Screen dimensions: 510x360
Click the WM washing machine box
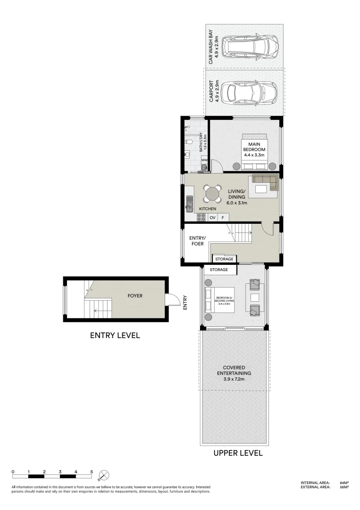point(204,161)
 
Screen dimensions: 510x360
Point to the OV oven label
point(212,218)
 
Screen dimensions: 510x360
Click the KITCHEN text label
point(208,209)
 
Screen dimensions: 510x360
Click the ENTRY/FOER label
point(198,241)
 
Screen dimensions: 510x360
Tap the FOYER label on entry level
point(135,296)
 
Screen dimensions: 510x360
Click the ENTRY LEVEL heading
point(115,336)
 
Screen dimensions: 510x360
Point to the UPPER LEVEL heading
point(238,453)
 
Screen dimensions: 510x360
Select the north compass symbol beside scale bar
point(104,475)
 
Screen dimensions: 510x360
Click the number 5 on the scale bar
point(92,472)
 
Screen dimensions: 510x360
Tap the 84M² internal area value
point(344,483)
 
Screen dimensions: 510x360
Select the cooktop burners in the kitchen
point(201,218)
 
